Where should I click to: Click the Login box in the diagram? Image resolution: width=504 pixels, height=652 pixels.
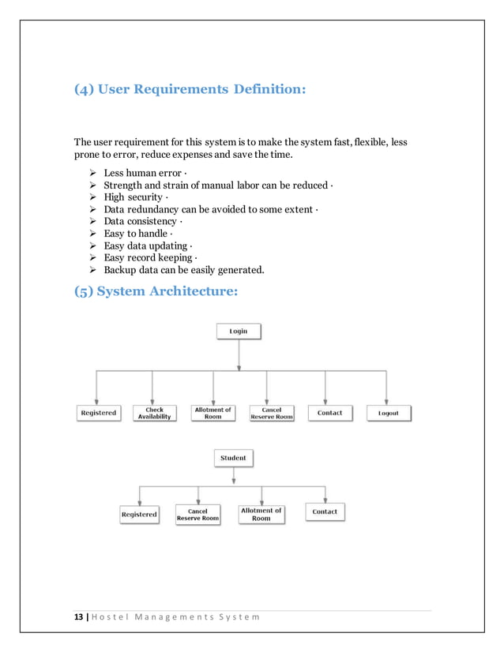click(x=239, y=332)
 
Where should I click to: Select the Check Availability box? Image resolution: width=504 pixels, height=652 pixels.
click(x=154, y=413)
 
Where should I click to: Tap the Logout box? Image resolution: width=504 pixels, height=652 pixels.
click(x=388, y=413)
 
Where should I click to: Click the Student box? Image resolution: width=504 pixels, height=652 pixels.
click(x=233, y=458)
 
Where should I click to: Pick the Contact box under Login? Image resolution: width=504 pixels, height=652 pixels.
click(x=329, y=413)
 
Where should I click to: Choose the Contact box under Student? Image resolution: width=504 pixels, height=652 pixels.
click(x=325, y=511)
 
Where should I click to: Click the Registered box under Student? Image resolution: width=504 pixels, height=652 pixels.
click(x=139, y=514)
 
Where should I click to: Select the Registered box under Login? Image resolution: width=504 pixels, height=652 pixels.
click(x=98, y=413)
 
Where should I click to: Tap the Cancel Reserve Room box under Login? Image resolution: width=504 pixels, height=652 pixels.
click(x=272, y=413)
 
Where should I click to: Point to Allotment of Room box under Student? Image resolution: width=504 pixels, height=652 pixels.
click(x=261, y=514)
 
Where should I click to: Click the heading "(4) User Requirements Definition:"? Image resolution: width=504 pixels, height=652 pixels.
click(x=189, y=89)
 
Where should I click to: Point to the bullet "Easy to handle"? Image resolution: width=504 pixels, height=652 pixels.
click(x=135, y=234)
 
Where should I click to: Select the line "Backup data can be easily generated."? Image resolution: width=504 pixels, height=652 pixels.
click(x=184, y=270)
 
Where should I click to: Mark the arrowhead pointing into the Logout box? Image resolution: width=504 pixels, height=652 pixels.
click(x=387, y=402)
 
